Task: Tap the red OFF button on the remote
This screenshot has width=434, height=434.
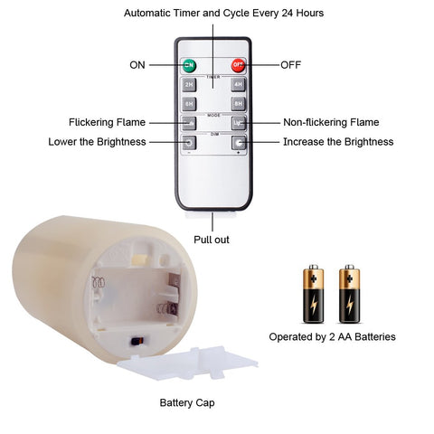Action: [238, 65]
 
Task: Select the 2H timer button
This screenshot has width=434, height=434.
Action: [189, 85]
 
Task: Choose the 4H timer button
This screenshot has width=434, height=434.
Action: [239, 85]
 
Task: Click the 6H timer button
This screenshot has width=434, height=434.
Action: [189, 104]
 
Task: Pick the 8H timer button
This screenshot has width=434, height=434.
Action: [239, 104]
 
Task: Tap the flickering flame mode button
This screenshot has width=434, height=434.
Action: [189, 123]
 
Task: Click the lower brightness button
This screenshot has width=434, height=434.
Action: [189, 143]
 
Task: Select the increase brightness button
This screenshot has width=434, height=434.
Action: [239, 143]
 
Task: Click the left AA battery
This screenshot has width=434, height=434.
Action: [314, 294]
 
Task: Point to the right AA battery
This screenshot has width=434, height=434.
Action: [349, 294]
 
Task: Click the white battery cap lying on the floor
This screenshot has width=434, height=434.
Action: [187, 363]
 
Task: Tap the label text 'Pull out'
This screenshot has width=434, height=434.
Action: [212, 240]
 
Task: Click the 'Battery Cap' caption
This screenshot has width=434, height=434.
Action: [187, 402]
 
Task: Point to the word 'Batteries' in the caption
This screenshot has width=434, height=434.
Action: [375, 336]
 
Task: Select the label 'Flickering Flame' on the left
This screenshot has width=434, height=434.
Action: [107, 122]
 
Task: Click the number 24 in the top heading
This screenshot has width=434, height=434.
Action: [288, 13]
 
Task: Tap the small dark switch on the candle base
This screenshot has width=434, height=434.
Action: [137, 342]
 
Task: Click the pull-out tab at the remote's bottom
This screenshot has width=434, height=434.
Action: [211, 213]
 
